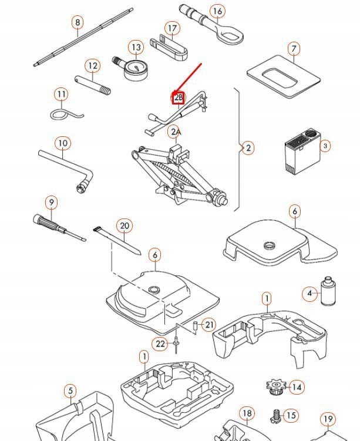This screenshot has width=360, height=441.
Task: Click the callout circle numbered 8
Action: pos(78,23)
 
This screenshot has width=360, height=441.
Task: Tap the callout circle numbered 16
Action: pos(217,11)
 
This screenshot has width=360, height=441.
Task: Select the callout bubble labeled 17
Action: pos(172,29)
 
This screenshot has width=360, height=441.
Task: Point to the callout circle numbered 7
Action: pos(294,49)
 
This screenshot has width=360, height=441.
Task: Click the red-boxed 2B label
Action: pos(179,98)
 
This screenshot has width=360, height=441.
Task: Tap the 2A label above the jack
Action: pos(175,132)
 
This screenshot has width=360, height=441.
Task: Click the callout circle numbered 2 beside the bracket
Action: pos(248,148)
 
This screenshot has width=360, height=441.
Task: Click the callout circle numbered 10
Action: pos(63,143)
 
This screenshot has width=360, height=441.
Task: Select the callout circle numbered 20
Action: pos(124,226)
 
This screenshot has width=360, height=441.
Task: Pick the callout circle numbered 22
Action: pos(161,344)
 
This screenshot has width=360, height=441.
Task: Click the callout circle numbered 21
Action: pos(210,325)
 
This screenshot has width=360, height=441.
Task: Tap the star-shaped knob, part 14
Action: pos(275,387)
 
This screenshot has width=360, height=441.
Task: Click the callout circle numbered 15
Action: pos(291,416)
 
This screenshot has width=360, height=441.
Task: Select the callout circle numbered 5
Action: pos(70,391)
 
